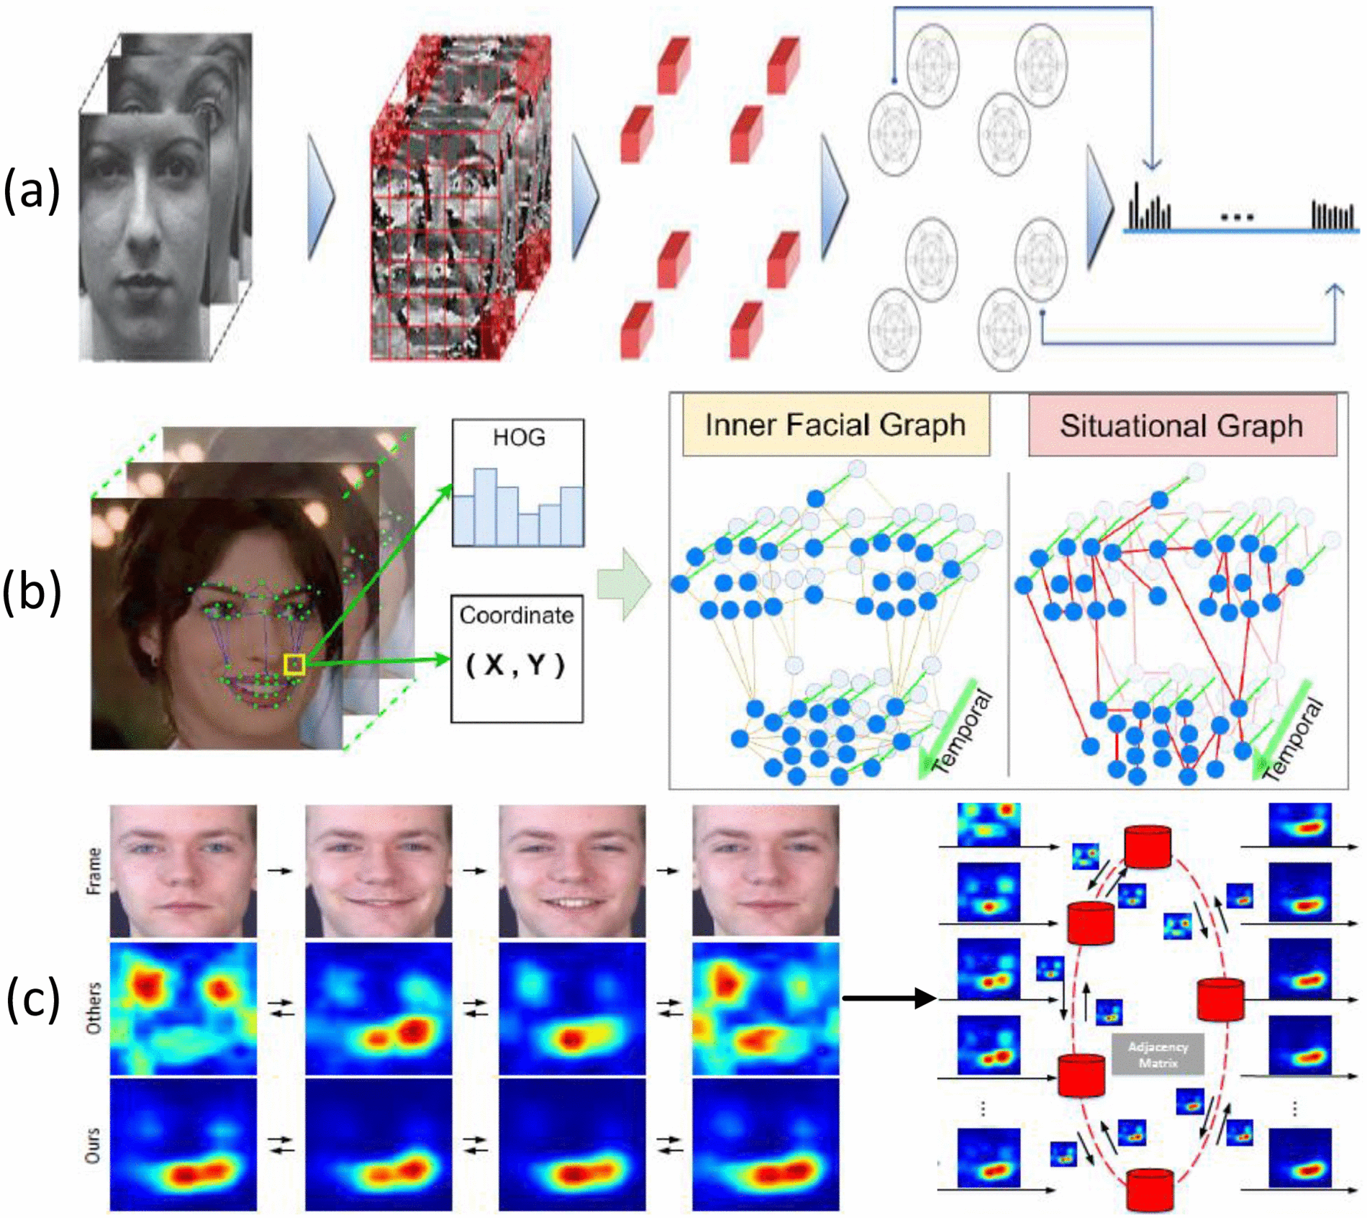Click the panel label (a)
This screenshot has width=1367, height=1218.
tap(32, 191)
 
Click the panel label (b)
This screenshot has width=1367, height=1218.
tap(32, 592)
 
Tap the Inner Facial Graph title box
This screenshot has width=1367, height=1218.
tap(835, 425)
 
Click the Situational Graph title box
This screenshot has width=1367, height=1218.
tap(1181, 425)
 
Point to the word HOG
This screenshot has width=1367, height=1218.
tap(518, 438)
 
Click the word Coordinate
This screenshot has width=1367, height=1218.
tap(517, 615)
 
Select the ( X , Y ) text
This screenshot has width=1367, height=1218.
tap(516, 664)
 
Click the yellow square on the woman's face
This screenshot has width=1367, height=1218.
tap(294, 664)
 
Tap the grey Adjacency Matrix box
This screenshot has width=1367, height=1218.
tap(1158, 1055)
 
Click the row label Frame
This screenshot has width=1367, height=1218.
tap(94, 871)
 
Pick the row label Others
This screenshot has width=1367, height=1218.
tap(94, 1008)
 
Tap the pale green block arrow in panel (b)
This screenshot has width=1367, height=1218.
tap(625, 585)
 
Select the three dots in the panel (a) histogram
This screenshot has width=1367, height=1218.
tap(1237, 216)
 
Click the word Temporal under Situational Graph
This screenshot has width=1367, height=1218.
tap(1293, 741)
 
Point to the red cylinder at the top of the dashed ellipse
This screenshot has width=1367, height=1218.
tap(1148, 847)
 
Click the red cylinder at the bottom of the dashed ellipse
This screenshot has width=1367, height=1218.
tap(1150, 1191)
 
